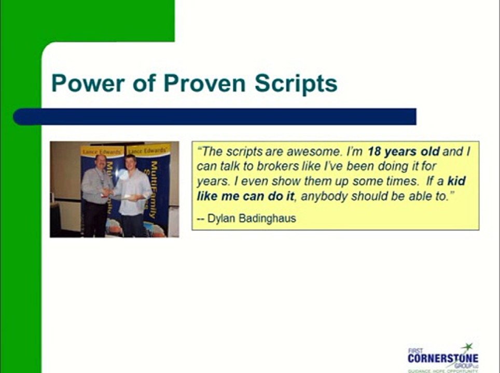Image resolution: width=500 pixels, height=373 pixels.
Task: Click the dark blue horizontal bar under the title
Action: point(215,117)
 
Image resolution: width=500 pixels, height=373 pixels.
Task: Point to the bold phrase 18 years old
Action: point(404,152)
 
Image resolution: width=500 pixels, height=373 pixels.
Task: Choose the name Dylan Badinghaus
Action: point(251,218)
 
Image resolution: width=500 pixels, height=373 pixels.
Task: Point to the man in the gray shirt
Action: point(96,192)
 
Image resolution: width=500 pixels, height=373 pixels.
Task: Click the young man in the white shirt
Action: point(133,194)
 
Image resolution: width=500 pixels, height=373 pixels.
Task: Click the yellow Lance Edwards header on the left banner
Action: point(95,151)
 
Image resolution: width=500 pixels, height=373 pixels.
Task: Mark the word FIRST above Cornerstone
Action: point(414,351)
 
